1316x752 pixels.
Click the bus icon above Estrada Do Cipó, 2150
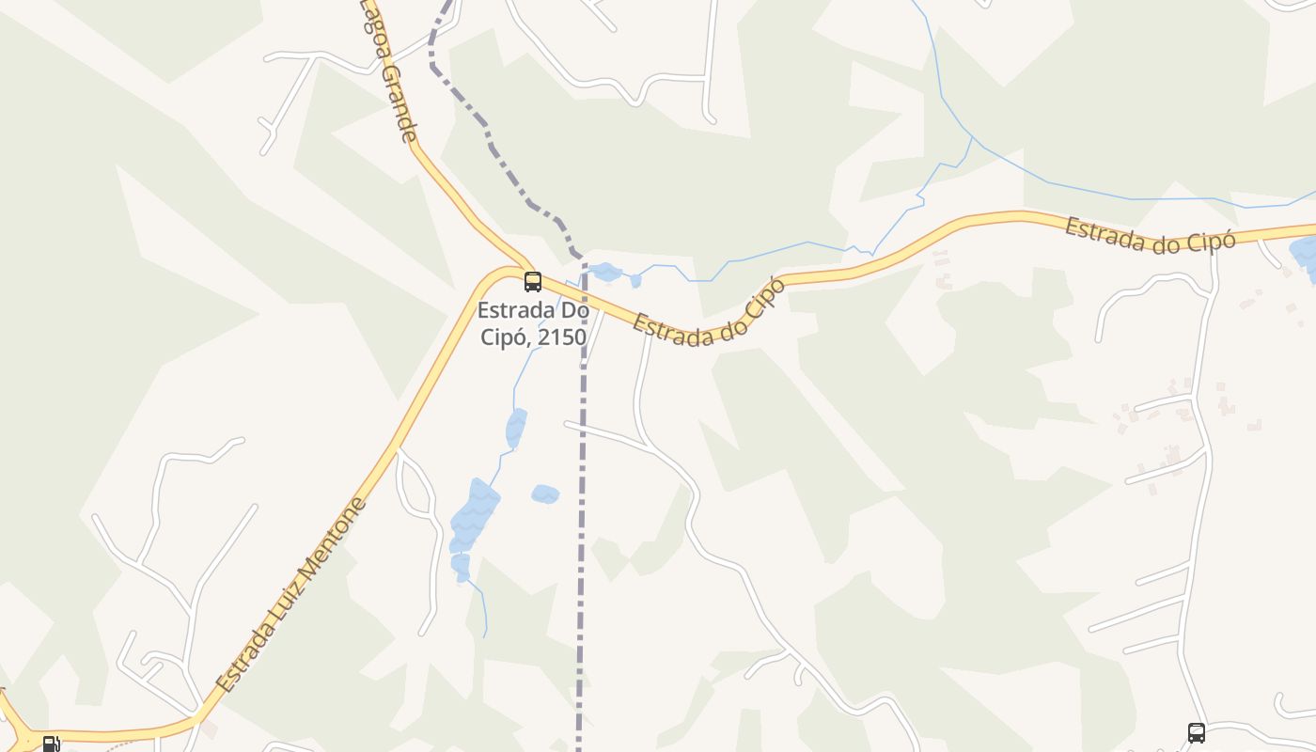533,281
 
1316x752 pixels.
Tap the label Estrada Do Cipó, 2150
532,322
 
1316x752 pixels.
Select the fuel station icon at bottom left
51,744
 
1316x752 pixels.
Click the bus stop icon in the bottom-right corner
1196,732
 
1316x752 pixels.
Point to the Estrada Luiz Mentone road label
291,595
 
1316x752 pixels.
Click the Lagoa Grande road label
389,70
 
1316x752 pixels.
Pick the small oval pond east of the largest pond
545,493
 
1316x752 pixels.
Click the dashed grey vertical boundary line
582,517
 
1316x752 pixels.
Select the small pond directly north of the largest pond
515,428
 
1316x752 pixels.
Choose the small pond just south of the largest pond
460,565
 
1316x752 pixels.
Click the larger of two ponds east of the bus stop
605,272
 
